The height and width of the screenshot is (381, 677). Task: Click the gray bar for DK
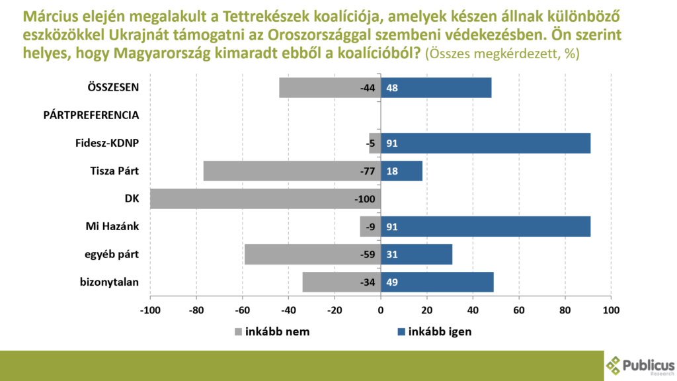tap(264, 199)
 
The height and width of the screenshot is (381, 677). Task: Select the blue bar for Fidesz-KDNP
tap(485, 144)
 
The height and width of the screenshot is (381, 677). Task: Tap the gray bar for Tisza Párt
tap(291, 171)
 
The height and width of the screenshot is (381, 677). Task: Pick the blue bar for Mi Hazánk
tap(485, 227)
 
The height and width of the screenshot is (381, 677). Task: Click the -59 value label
tap(368, 255)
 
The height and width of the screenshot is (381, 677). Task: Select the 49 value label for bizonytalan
tap(392, 282)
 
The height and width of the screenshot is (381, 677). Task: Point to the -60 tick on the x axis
tap(243, 310)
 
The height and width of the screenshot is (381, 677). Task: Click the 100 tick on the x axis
tap(611, 310)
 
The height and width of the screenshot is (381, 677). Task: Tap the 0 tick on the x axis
tap(381, 310)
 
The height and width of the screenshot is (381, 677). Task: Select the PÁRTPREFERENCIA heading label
tap(91, 115)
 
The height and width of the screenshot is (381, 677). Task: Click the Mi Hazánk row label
tap(113, 227)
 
